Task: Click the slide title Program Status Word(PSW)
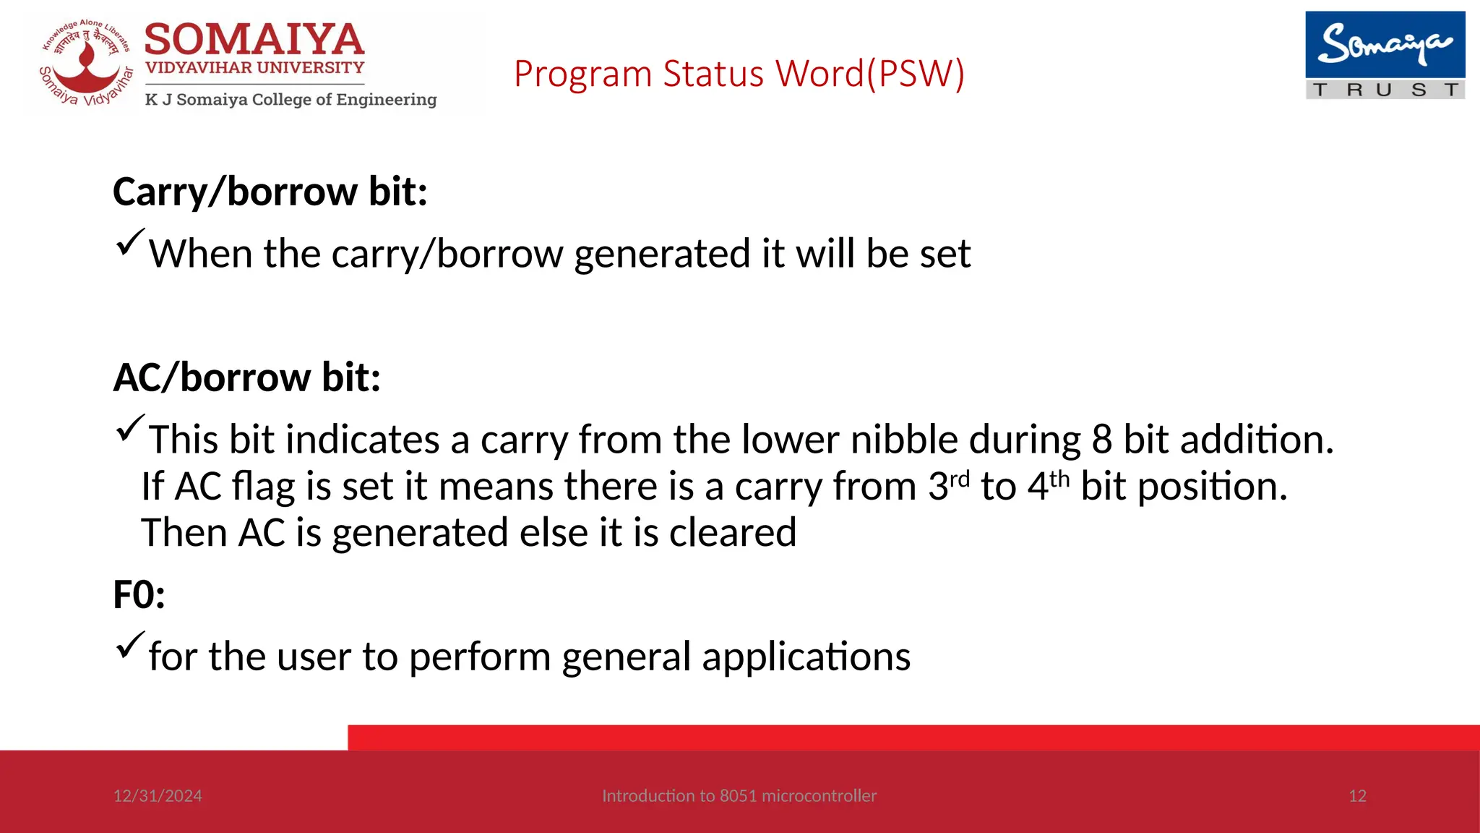(x=739, y=74)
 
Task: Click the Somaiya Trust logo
(x=1385, y=55)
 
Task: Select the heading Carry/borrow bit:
(x=270, y=192)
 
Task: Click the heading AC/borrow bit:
(x=247, y=377)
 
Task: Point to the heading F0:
(x=139, y=595)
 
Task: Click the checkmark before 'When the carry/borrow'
(x=129, y=242)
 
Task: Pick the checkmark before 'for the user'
(x=129, y=645)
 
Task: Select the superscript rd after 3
(x=959, y=479)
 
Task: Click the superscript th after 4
(x=1059, y=479)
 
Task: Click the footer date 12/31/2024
(x=158, y=796)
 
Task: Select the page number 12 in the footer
(x=1357, y=796)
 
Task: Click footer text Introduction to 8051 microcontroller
(x=739, y=796)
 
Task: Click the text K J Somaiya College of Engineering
(x=291, y=100)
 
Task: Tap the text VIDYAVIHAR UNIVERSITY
(x=254, y=68)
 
